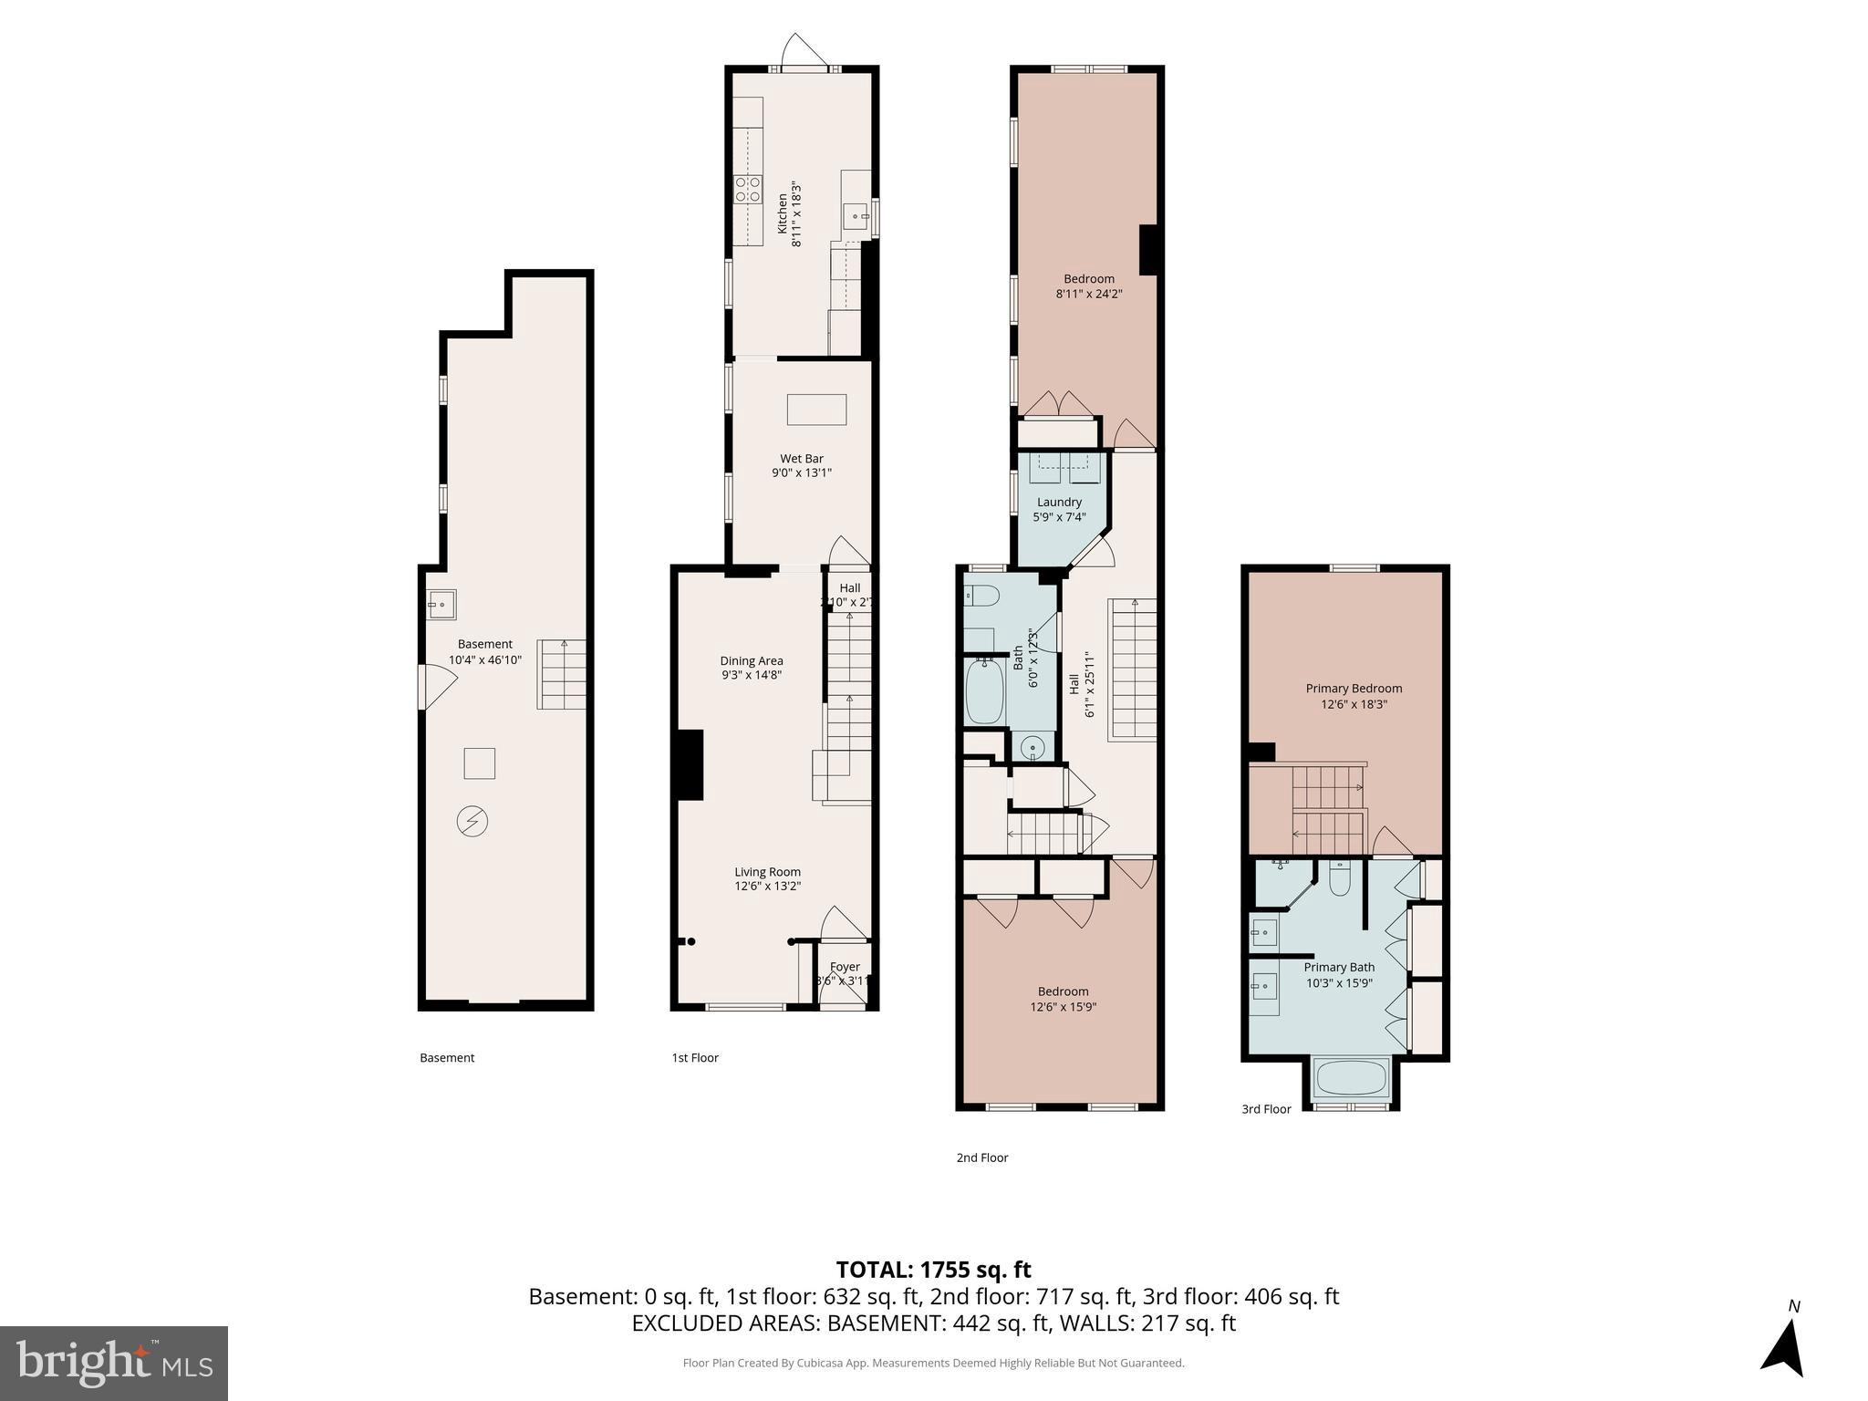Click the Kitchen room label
782,213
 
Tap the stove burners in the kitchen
748,189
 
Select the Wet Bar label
801,459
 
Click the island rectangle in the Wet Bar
816,410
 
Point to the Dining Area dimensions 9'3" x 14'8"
751,676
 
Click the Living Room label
767,872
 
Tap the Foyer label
845,967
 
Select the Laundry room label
1059,503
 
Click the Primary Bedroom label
1354,689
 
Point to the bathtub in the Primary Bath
1351,1078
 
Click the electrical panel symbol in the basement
472,822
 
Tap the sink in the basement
441,605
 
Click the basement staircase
561,675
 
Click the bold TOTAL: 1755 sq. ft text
933,1270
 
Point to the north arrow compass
1783,1344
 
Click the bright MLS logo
114,1363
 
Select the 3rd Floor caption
1266,1109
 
